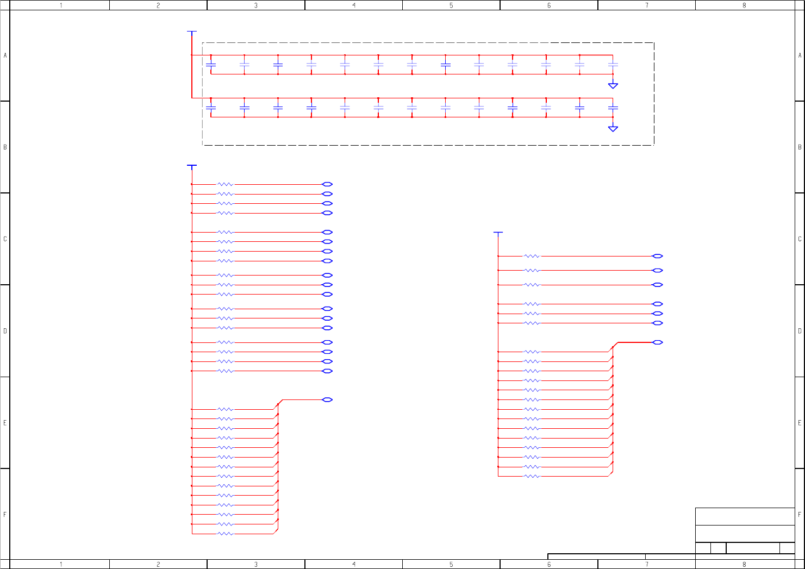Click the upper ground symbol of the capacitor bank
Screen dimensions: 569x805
[x=613, y=85]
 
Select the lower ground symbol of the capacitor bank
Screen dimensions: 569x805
[x=613, y=129]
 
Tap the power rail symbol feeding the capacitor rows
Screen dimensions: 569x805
[x=191, y=32]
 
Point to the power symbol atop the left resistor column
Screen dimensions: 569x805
[x=191, y=165]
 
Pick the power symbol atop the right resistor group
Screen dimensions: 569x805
[x=498, y=233]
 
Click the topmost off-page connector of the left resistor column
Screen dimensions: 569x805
[x=327, y=184]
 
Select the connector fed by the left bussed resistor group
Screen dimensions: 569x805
[x=327, y=400]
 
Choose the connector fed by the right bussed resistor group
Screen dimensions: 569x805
[x=657, y=342]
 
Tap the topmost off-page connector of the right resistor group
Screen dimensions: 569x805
[x=657, y=256]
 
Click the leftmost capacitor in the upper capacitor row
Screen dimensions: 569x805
[x=211, y=65]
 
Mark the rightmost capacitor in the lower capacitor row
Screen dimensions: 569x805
[x=613, y=108]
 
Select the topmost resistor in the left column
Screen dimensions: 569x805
[x=225, y=184]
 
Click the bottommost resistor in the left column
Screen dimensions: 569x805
[x=225, y=534]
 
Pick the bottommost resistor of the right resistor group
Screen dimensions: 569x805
[x=532, y=477]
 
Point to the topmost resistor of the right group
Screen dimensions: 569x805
[x=532, y=256]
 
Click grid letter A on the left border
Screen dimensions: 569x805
[x=5, y=55]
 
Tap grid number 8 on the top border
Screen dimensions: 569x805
[x=744, y=5]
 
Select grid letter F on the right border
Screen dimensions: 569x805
[x=800, y=514]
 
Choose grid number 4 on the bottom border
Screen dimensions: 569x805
[x=354, y=565]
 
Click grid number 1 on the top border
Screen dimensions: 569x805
[x=61, y=5]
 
